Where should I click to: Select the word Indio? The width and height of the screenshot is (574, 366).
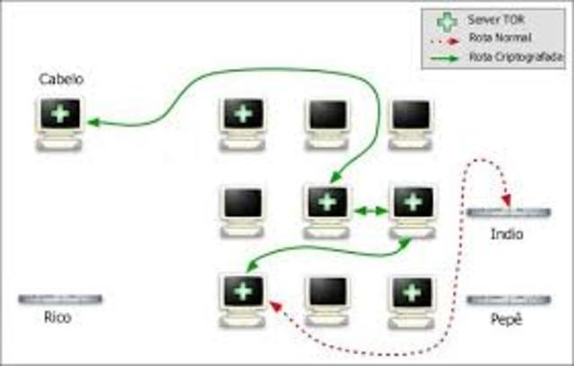[506, 234]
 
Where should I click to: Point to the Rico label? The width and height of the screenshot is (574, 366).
[57, 317]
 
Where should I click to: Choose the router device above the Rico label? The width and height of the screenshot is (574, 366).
[59, 298]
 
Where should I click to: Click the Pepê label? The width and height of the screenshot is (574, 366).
[507, 318]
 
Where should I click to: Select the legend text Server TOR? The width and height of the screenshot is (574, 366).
[491, 19]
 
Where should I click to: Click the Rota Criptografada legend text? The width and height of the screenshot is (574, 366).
[501, 57]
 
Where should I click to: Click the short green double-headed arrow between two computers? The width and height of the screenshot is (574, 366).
[370, 211]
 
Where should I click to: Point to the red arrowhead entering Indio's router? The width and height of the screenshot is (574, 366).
[507, 201]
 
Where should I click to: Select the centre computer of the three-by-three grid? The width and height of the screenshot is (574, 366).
[326, 208]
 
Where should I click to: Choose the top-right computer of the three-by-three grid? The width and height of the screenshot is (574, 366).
[412, 120]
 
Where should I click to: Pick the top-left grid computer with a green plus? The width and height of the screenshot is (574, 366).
[242, 120]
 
